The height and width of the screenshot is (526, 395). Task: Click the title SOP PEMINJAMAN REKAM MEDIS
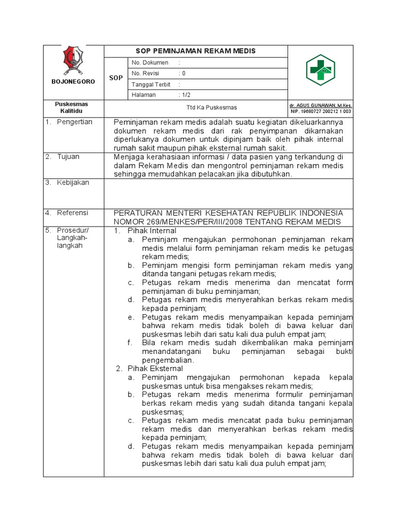(x=195, y=51)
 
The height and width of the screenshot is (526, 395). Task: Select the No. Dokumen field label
(x=150, y=63)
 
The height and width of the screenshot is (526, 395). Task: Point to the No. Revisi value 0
(x=183, y=73)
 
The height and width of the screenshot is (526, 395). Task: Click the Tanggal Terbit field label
(x=152, y=84)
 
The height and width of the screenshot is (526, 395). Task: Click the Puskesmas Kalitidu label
(x=71, y=108)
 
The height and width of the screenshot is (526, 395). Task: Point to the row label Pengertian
(x=75, y=122)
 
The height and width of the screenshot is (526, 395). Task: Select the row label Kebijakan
(x=73, y=182)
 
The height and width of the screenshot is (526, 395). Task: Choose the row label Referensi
(x=73, y=213)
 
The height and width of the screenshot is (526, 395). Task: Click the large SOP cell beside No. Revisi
(x=116, y=78)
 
